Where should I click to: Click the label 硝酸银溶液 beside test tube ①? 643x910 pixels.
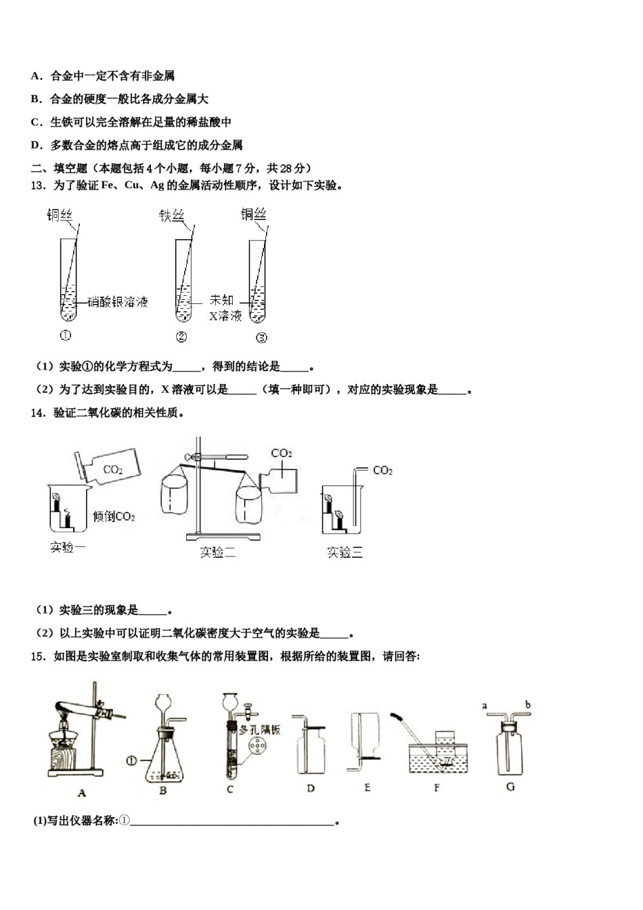tap(118, 302)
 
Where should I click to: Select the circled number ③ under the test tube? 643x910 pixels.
tap(261, 338)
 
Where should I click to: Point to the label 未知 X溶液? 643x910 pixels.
tap(224, 308)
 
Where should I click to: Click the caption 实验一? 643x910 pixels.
tap(68, 547)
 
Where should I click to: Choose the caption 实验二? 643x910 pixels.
tap(217, 552)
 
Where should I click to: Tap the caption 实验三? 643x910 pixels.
tap(345, 552)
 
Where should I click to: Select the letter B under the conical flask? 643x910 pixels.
tap(163, 789)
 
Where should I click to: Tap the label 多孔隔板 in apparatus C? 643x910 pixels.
tap(260, 730)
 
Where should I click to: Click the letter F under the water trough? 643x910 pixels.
tap(437, 787)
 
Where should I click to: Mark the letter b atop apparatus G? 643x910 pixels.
tap(527, 706)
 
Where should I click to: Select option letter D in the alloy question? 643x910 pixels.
tap(36, 145)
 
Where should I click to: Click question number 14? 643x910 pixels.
tap(38, 412)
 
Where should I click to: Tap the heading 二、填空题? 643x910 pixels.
tap(60, 168)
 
